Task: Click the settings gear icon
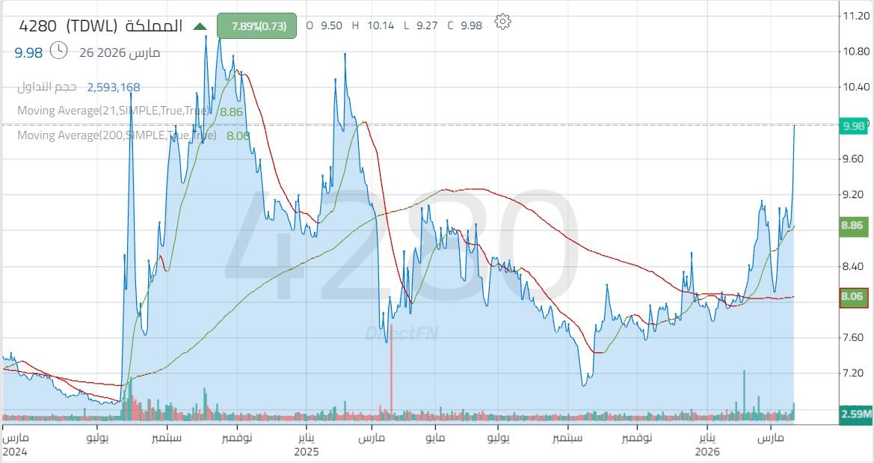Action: pyautogui.click(x=503, y=22)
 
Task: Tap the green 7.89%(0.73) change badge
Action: pyautogui.click(x=256, y=25)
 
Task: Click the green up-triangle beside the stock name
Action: pyautogui.click(x=200, y=26)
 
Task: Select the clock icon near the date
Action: pyautogui.click(x=59, y=51)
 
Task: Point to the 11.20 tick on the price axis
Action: pyautogui.click(x=854, y=16)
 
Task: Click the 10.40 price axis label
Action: pyautogui.click(x=854, y=88)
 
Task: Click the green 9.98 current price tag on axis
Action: pyautogui.click(x=853, y=126)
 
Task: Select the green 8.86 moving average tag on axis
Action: pyautogui.click(x=853, y=224)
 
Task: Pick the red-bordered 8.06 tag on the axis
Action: pyautogui.click(x=853, y=297)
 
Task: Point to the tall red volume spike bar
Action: pyautogui.click(x=391, y=370)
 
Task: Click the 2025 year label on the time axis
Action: pyautogui.click(x=307, y=452)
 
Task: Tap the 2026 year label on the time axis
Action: pyautogui.click(x=707, y=452)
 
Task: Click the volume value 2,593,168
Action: pyautogui.click(x=114, y=88)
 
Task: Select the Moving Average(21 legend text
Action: pyautogui.click(x=112, y=111)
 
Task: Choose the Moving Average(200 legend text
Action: pyautogui.click(x=116, y=135)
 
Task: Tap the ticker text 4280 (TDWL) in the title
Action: pyautogui.click(x=68, y=26)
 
